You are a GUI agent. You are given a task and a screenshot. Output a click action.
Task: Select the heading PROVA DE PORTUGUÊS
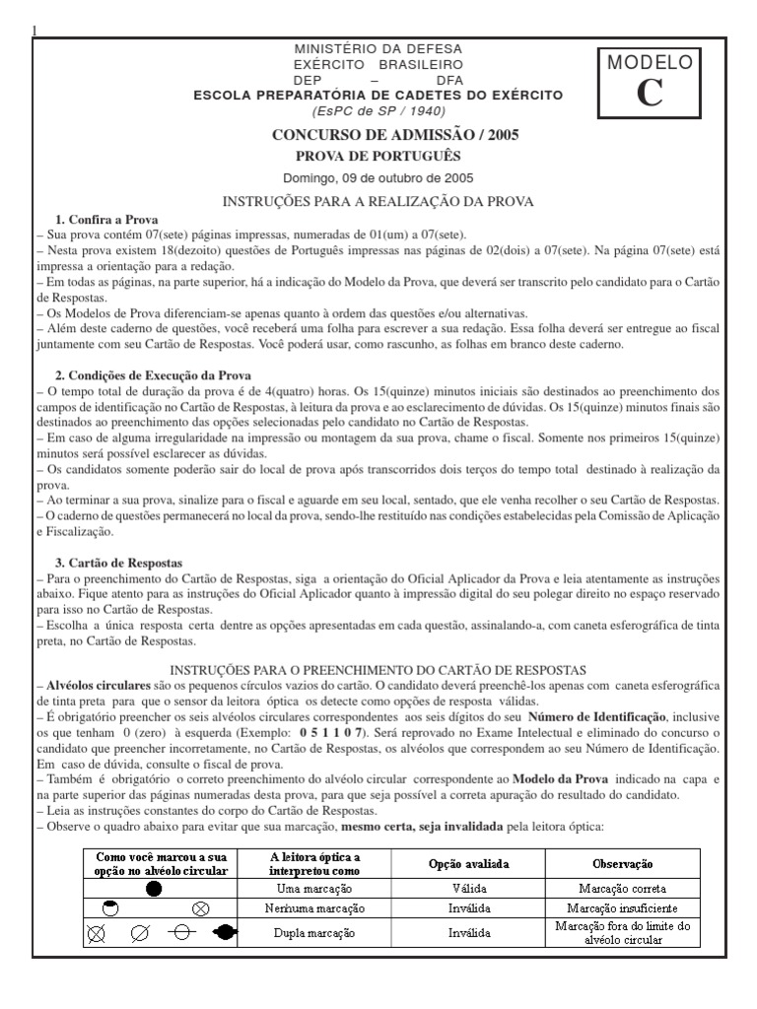(x=378, y=156)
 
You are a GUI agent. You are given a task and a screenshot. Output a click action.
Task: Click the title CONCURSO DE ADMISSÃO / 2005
(x=378, y=135)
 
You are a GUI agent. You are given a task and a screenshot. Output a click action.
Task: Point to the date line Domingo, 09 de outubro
(x=378, y=178)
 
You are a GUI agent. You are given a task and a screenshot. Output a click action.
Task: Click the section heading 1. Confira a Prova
(x=106, y=219)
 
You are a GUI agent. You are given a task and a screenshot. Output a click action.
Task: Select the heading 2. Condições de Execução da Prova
(x=153, y=375)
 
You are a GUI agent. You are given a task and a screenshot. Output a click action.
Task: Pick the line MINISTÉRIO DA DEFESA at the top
(x=378, y=48)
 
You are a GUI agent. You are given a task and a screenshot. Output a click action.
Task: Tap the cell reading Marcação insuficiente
(x=631, y=907)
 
